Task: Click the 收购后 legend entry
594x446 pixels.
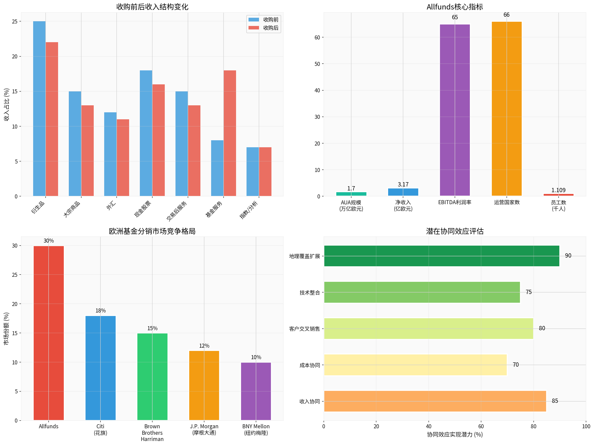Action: [270, 28]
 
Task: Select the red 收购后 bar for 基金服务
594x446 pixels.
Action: [230, 133]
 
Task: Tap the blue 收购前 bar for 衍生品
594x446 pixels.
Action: [39, 109]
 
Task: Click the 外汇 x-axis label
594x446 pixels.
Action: [111, 206]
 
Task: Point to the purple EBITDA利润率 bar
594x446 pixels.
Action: [455, 110]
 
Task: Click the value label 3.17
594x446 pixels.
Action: [403, 184]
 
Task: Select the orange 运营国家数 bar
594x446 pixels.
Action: [507, 109]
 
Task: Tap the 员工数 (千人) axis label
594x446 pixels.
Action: [558, 206]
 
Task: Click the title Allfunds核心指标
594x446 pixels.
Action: [455, 7]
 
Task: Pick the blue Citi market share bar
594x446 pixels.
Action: [100, 368]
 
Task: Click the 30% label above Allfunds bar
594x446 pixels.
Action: [49, 241]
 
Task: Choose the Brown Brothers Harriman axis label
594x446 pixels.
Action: [152, 433]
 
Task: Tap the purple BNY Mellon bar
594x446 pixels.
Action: [256, 391]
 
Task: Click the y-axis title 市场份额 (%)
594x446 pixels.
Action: [6, 328]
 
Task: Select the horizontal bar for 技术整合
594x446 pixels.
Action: [422, 292]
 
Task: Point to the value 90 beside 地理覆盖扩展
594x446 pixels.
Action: [568, 256]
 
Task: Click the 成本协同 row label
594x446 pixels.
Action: [310, 365]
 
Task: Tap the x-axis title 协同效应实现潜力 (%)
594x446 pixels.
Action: [455, 435]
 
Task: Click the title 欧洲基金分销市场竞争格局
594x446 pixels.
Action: [152, 231]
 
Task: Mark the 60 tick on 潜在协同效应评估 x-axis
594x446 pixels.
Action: [481, 426]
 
